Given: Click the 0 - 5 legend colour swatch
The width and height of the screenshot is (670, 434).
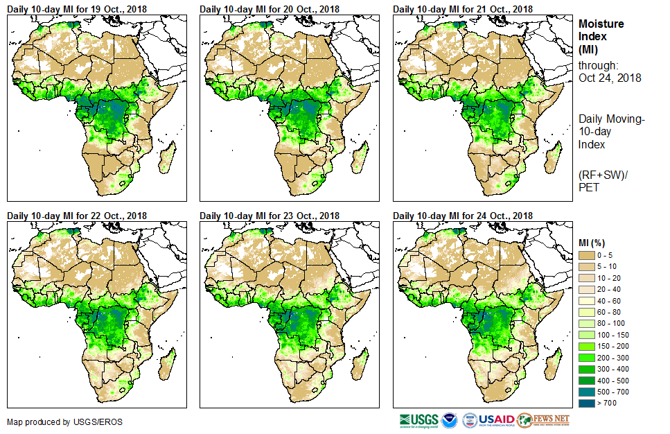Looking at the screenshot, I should (x=587, y=255).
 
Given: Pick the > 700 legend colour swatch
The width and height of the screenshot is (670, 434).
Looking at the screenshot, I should (x=587, y=403).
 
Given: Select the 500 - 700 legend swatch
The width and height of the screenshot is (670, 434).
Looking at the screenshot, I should (x=587, y=392).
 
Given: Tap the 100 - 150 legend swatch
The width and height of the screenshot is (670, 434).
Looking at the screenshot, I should (x=587, y=335).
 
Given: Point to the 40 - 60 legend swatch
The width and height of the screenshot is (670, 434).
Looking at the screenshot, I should (x=587, y=301).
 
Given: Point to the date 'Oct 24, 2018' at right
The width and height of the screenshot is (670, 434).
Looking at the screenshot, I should (x=610, y=78).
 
